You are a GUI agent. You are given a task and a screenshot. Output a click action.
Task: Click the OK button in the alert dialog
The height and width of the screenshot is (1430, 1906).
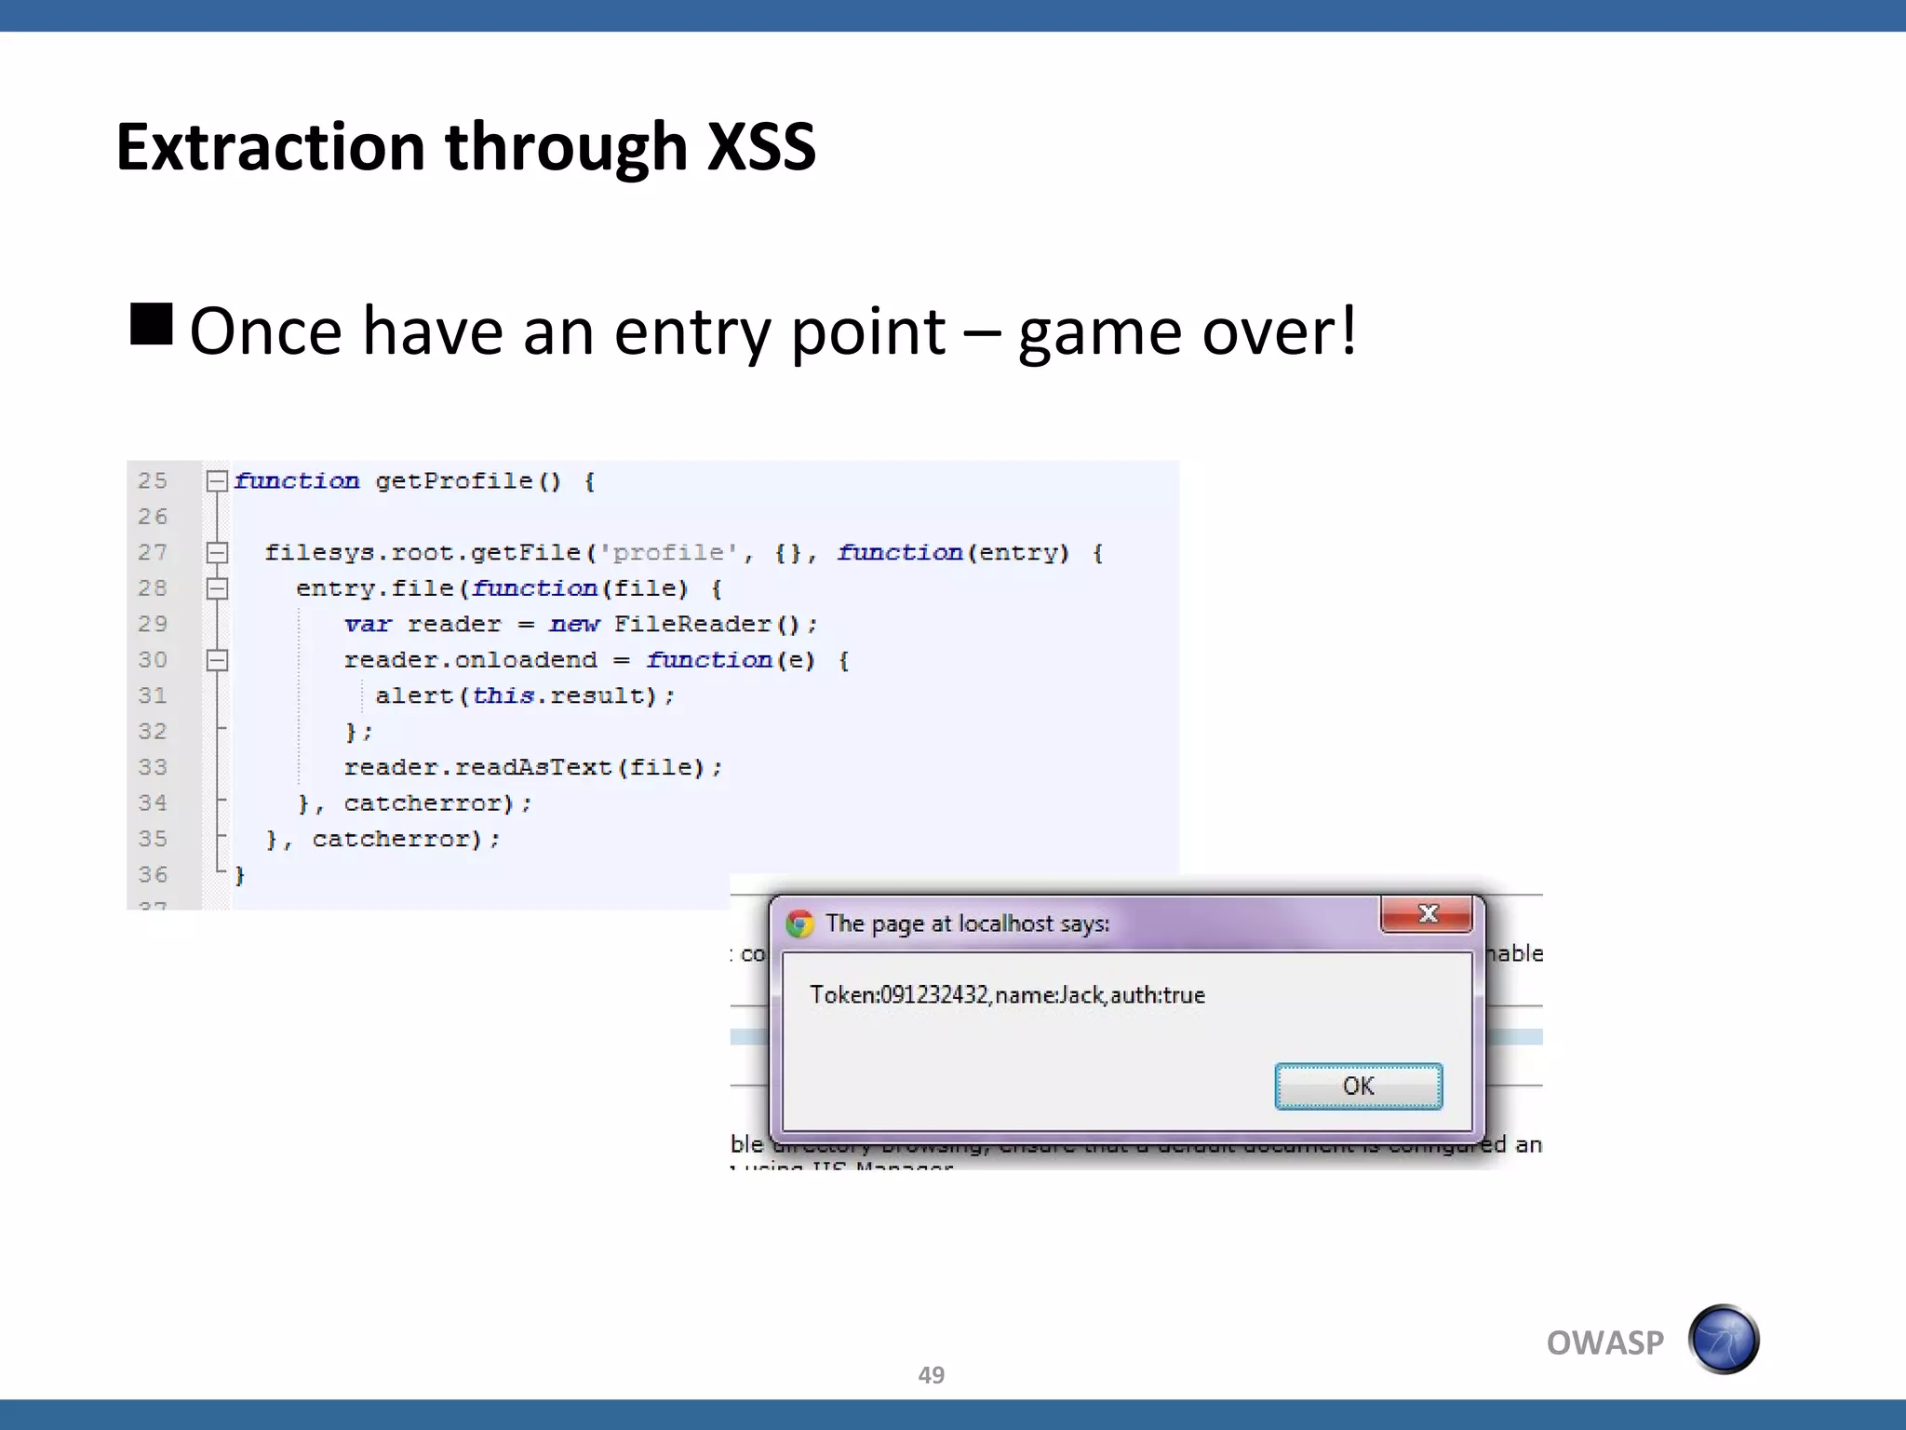coord(1358,1086)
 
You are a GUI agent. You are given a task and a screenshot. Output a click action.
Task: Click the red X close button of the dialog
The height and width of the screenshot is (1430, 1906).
coord(1427,914)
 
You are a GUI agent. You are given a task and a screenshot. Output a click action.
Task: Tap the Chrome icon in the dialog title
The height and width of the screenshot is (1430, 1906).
coord(799,924)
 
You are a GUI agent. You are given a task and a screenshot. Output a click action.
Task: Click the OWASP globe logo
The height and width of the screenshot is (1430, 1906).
coord(1724,1340)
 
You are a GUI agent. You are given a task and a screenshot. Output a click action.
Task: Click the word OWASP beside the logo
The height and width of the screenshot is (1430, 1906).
coord(1604,1342)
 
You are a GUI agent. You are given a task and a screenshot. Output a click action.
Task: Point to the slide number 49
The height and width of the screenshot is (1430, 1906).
coord(931,1375)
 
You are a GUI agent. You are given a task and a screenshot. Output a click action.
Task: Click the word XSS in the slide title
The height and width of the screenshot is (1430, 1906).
coord(760,147)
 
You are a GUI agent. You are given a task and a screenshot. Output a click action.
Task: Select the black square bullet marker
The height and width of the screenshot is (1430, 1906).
coord(152,324)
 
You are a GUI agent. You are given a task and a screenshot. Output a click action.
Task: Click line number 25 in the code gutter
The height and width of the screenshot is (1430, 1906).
coord(153,480)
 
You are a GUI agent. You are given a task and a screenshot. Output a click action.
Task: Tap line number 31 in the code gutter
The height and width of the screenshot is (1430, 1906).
coord(153,695)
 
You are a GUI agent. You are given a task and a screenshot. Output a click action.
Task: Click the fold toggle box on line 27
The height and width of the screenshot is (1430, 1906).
coord(217,553)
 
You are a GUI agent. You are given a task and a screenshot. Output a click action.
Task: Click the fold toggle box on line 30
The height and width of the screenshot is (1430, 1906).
coord(217,660)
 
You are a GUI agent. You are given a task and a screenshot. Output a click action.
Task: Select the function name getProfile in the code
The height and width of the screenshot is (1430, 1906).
coord(454,481)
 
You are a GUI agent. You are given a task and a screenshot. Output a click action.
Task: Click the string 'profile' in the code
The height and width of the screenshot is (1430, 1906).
coord(668,553)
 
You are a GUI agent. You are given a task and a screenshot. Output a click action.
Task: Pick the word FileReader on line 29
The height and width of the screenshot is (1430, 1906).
coord(692,625)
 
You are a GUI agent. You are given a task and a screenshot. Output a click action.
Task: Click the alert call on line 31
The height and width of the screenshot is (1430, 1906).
coord(414,696)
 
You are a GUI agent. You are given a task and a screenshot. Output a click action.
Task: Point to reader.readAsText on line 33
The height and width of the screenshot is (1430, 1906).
coord(476,768)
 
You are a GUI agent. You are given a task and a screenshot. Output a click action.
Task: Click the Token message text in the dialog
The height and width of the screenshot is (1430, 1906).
coord(1007,995)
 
